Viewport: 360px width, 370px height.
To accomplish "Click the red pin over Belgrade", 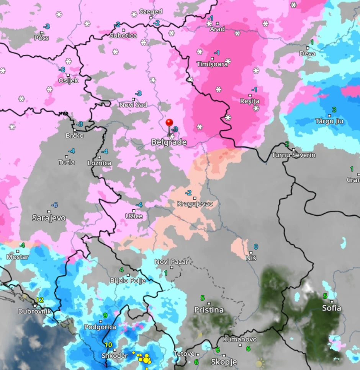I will pyautogui.click(x=169, y=123).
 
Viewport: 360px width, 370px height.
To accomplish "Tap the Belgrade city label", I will pyautogui.click(x=169, y=142).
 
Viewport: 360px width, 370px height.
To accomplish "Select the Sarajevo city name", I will pyautogui.click(x=49, y=218).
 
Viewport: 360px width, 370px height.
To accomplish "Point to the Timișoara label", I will pyautogui.click(x=212, y=64).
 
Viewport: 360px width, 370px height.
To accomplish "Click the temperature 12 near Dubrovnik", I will pyautogui.click(x=40, y=300).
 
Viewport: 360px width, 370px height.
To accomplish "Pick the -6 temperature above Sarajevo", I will pyautogui.click(x=54, y=205).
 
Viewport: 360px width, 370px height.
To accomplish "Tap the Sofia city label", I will pyautogui.click(x=331, y=308).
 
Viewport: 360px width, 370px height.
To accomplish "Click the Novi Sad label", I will pyautogui.click(x=133, y=105).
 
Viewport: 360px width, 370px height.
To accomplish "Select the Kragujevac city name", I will pyautogui.click(x=195, y=204).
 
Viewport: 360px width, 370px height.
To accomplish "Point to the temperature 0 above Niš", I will pyautogui.click(x=256, y=247).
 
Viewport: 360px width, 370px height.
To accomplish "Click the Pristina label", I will pyautogui.click(x=209, y=310).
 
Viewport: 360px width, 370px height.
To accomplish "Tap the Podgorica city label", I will pyautogui.click(x=100, y=327).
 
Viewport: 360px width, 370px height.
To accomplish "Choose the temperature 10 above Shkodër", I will pyautogui.click(x=108, y=345).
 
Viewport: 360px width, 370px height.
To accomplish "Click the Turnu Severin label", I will pyautogui.click(x=293, y=155).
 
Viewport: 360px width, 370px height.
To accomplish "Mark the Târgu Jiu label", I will pyautogui.click(x=329, y=122).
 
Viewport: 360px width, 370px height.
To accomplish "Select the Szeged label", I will pyautogui.click(x=151, y=12).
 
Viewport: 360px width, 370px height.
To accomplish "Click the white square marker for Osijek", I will pyautogui.click(x=68, y=75).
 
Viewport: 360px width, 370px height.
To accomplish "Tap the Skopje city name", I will pyautogui.click(x=224, y=362).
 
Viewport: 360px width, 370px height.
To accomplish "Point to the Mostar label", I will pyautogui.click(x=18, y=257).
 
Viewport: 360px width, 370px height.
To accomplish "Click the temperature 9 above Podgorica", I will pyautogui.click(x=105, y=316).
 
